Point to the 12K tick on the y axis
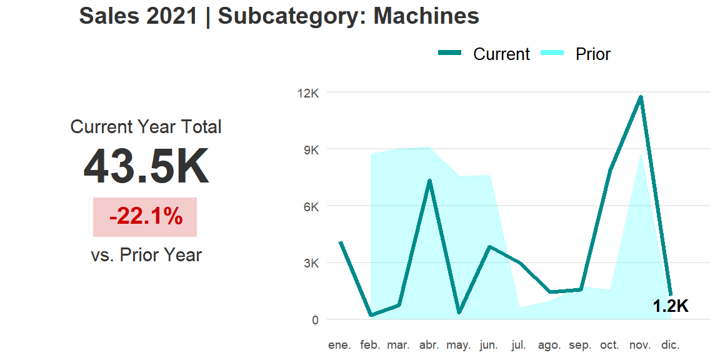pos(308,93)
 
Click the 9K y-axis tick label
pos(311,150)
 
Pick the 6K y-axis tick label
pos(311,206)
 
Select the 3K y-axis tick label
pos(311,263)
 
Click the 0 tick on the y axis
pos(314,320)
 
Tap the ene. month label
pos(340,345)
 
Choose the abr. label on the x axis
pos(429,345)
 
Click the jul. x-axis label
pos(518,345)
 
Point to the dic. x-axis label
pos(670,345)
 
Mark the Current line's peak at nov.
pos(641,97)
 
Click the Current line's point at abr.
pos(429,181)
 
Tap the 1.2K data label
pos(670,306)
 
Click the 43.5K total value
pos(146,167)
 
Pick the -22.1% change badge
pos(146,217)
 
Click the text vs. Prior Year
pos(146,255)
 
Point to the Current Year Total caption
pos(146,127)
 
